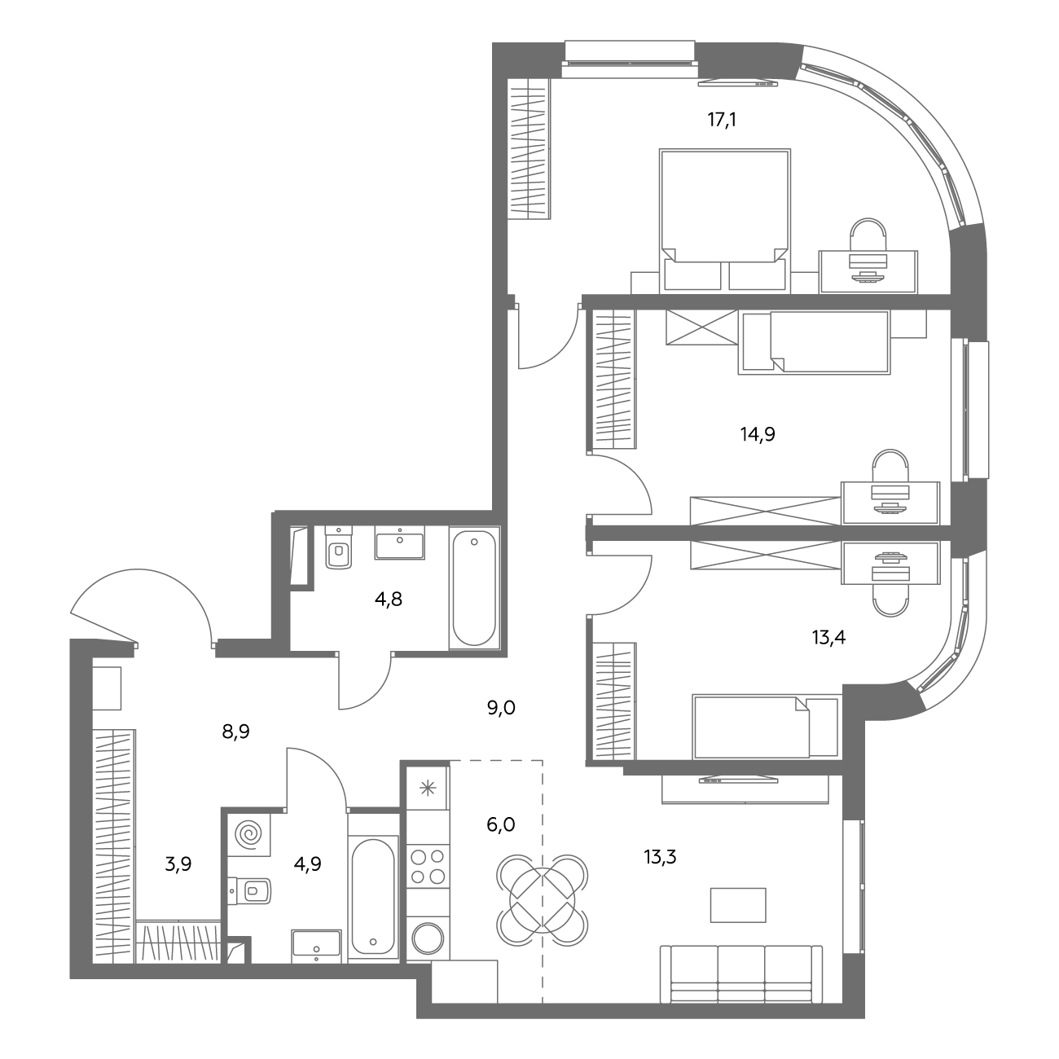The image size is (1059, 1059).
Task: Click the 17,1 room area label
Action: click(722, 119)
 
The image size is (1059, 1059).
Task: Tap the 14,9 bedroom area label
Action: click(758, 434)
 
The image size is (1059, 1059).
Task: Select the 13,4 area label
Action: click(828, 637)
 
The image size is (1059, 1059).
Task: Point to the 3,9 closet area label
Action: click(178, 864)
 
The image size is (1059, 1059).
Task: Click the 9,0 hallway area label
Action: click(501, 708)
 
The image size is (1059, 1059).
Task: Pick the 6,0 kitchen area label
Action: click(501, 824)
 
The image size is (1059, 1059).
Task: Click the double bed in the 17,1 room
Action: click(725, 220)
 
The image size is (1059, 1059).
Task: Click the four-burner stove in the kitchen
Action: click(428, 866)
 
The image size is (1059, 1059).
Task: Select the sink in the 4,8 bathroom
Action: click(399, 543)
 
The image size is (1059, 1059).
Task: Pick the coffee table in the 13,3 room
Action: click(738, 905)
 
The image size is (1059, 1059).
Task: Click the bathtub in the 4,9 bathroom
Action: click(373, 896)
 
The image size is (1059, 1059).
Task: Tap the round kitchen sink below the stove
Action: click(428, 938)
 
